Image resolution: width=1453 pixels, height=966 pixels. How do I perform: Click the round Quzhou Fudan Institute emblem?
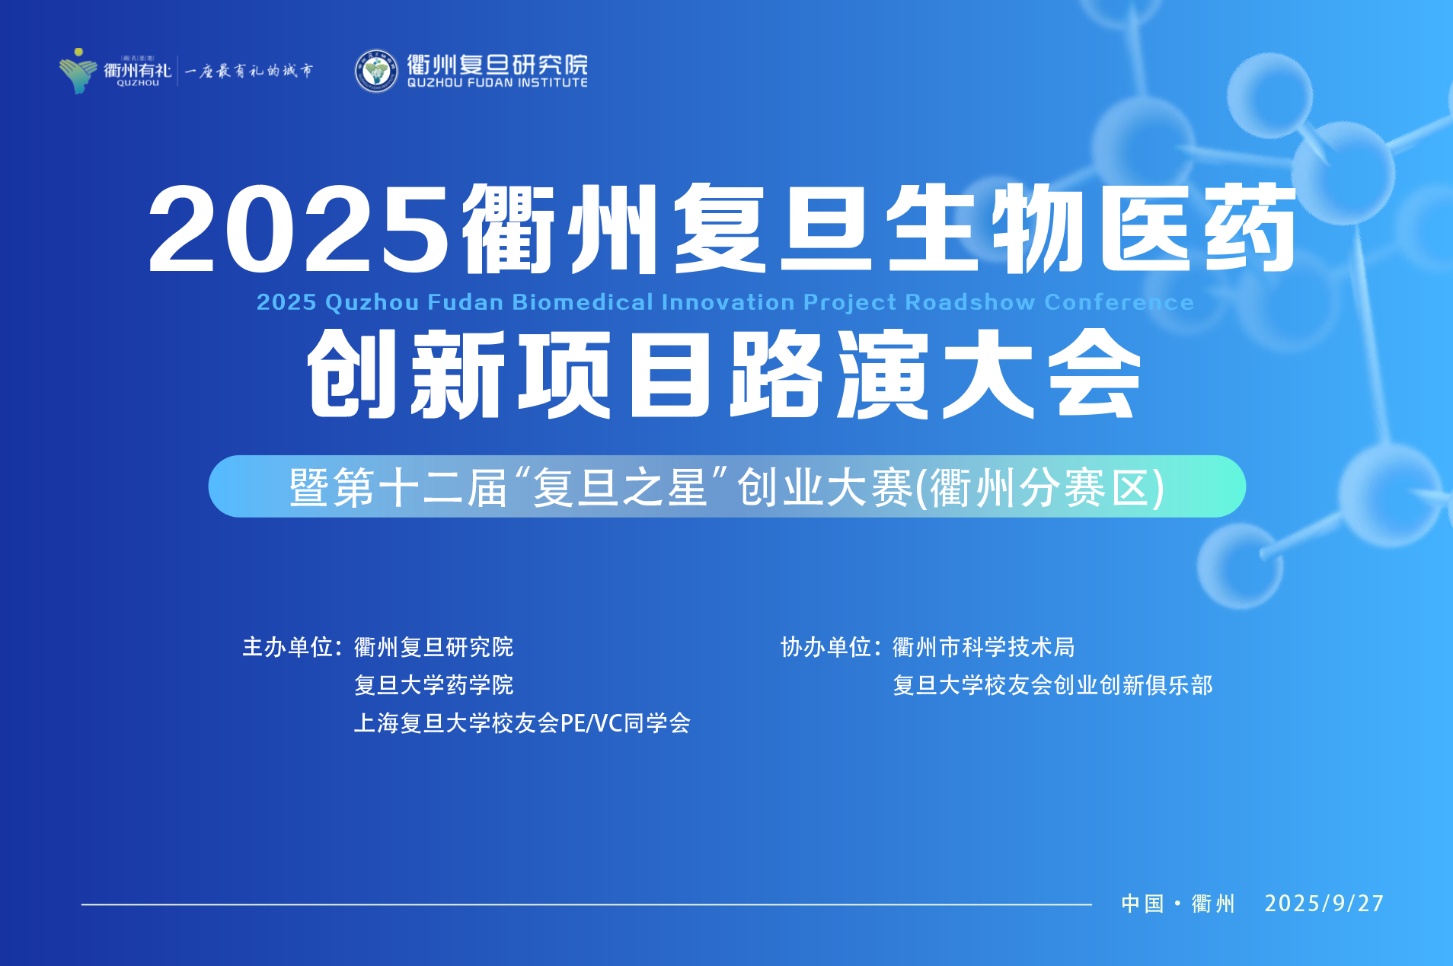click(376, 71)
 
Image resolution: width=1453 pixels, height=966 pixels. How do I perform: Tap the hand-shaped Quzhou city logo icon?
click(78, 71)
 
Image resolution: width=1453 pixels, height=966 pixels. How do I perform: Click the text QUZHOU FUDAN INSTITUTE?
click(497, 82)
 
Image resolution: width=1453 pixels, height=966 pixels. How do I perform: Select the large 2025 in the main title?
click(299, 229)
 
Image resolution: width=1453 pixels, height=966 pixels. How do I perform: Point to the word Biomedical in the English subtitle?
click(583, 302)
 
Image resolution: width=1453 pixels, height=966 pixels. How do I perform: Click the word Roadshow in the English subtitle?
click(970, 302)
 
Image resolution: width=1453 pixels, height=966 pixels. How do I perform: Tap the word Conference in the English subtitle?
click(1119, 302)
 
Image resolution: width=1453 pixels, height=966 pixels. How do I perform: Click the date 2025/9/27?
click(1324, 904)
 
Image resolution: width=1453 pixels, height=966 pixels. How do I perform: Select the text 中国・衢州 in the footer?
click(1178, 904)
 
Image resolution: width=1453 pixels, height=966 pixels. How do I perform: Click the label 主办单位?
click(287, 647)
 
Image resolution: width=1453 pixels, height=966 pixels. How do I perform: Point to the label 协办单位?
click(825, 647)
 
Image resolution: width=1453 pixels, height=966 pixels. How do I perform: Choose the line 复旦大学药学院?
click(433, 685)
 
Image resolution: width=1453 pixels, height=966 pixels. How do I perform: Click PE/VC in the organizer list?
click(592, 723)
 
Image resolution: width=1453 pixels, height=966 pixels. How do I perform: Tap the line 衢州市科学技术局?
click(983, 647)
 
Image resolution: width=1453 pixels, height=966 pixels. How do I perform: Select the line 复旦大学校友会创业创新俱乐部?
click(1052, 685)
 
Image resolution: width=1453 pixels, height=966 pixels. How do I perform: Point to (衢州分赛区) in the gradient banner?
click(1039, 487)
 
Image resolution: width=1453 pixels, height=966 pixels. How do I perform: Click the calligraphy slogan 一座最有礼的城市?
click(249, 71)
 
